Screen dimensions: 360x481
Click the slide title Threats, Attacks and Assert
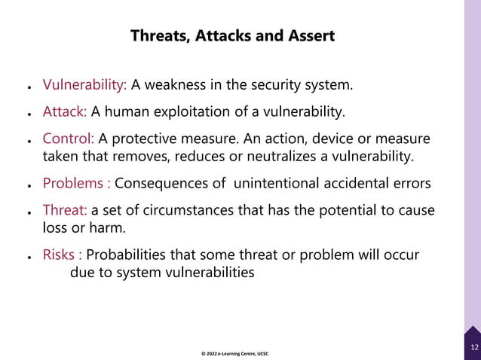point(232,36)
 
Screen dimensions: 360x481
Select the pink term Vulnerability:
point(84,84)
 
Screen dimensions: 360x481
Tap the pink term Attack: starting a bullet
point(65,112)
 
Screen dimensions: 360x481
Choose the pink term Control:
point(68,140)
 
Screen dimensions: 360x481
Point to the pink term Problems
point(73,184)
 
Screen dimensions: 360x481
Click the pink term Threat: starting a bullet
point(66,211)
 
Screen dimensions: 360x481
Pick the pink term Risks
point(60,255)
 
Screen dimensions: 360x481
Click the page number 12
point(473,347)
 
